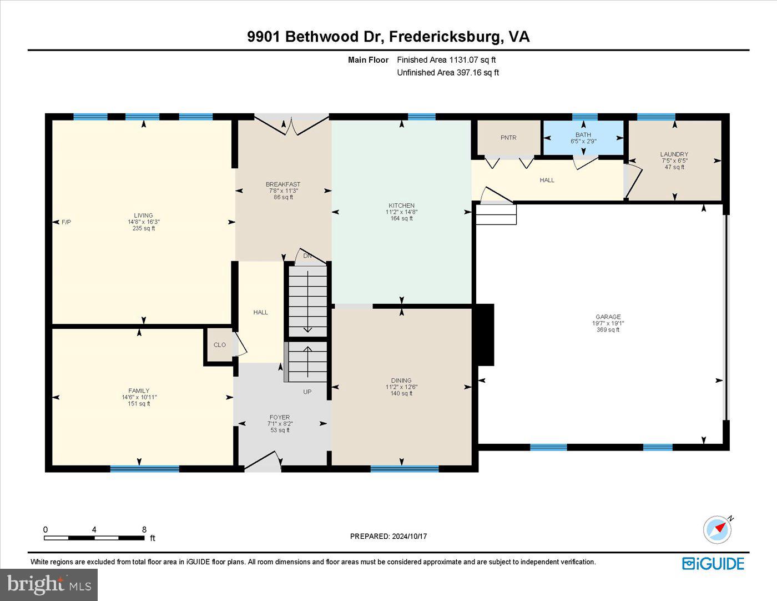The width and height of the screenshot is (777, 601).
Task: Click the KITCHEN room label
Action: [x=402, y=206]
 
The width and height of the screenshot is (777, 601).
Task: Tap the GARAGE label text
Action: [x=608, y=317]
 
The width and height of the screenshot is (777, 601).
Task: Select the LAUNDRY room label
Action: [x=674, y=154]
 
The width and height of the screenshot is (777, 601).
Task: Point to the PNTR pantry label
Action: [x=508, y=138]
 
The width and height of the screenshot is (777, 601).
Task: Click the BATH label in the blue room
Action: [x=583, y=135]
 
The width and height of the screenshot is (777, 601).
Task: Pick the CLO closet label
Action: [x=220, y=345]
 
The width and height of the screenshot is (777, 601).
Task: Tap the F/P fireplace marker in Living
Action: [x=66, y=222]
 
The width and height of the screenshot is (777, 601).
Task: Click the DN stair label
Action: [x=307, y=256]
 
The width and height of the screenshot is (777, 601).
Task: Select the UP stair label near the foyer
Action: [x=307, y=392]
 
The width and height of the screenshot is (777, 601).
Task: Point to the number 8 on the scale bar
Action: [x=144, y=529]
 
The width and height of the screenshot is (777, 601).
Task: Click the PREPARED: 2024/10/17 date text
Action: [x=389, y=536]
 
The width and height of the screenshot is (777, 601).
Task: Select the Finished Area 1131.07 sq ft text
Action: [x=446, y=60]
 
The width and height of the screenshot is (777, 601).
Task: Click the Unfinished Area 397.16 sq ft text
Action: [x=448, y=73]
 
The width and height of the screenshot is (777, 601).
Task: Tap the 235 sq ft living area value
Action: [x=144, y=228]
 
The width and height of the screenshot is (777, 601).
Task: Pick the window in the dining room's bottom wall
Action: [x=405, y=469]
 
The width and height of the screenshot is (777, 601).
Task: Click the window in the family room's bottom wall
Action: [x=144, y=469]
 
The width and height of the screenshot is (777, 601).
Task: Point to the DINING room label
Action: [x=401, y=380]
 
